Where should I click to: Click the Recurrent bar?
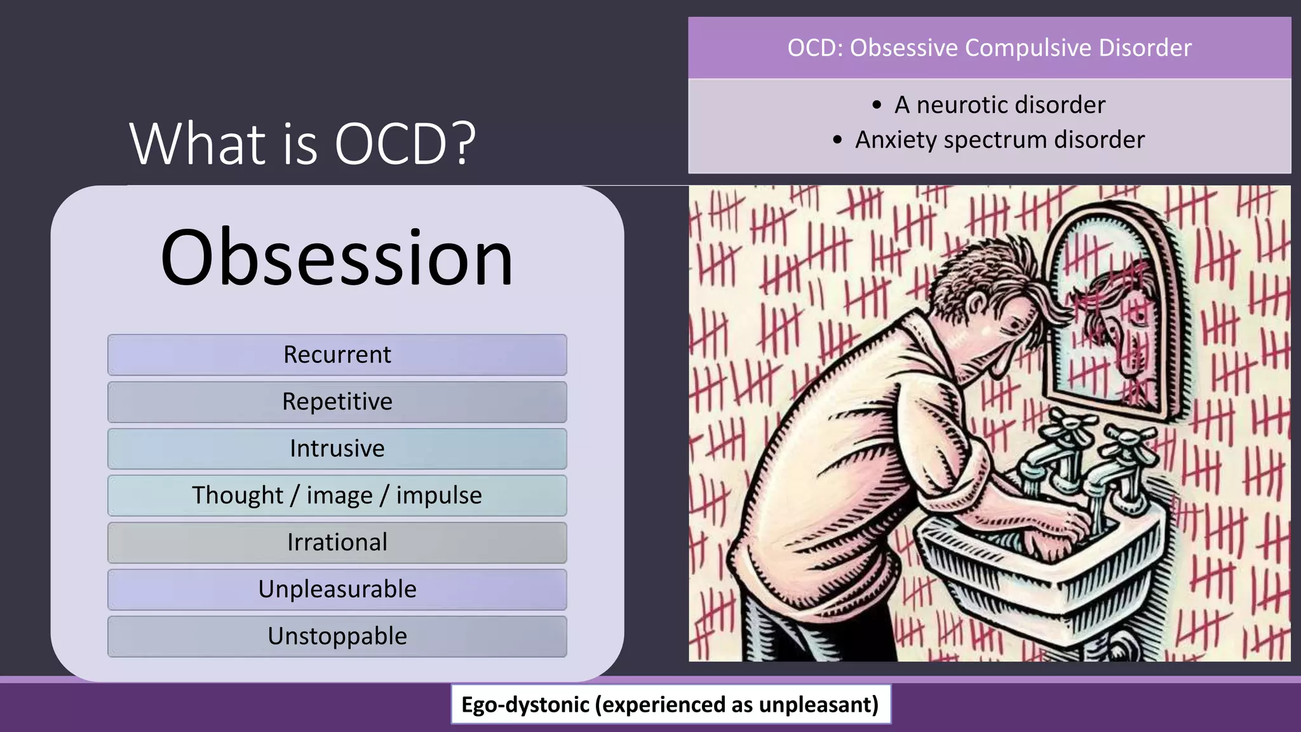point(337,355)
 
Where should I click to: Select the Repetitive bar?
point(337,402)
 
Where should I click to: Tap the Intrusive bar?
point(337,449)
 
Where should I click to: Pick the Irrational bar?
point(337,543)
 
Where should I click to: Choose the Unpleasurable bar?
point(337,590)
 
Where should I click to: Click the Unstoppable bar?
point(337,637)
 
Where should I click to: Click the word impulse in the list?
point(438,496)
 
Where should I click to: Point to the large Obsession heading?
point(337,257)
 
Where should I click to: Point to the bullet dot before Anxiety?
point(837,140)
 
